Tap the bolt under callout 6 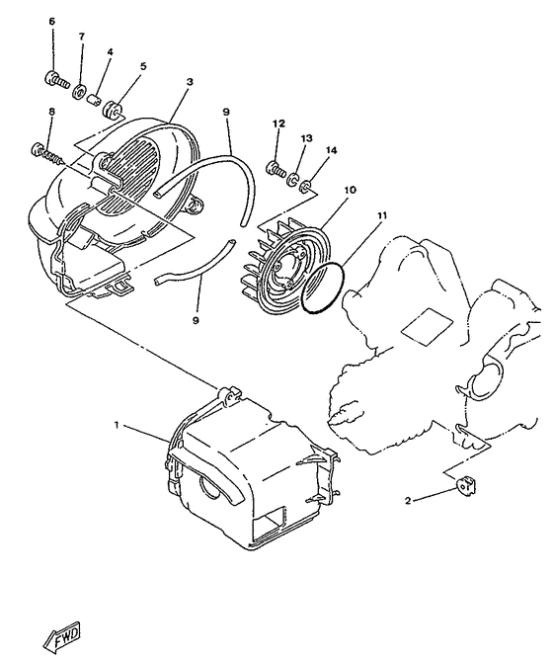pos(55,78)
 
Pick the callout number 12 pos(278,124)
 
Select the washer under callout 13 pos(293,178)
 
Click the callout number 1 pos(118,426)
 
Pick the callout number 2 pos(407,501)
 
